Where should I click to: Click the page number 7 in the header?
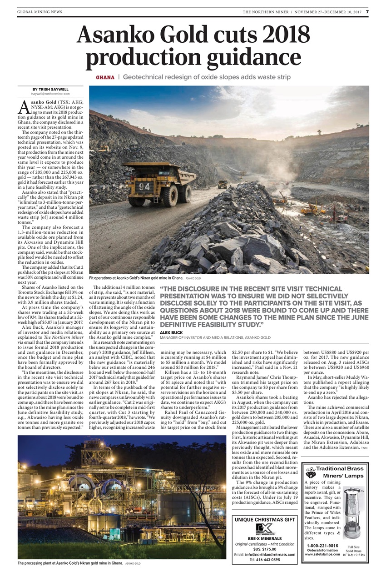(x=367, y=11)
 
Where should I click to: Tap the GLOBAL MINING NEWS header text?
(x=40, y=12)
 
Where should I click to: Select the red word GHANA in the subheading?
(x=105, y=77)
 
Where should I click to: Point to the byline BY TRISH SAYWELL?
(x=50, y=89)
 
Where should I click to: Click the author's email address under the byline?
(x=50, y=94)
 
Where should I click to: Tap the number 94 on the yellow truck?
(x=144, y=186)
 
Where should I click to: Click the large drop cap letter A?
(x=24, y=107)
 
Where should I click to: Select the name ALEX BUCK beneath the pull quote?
(x=170, y=333)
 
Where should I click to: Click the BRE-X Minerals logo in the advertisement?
(x=265, y=529)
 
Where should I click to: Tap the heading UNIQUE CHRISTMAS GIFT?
(x=265, y=519)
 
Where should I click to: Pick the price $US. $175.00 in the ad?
(x=265, y=549)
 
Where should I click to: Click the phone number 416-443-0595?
(x=265, y=560)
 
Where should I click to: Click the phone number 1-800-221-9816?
(x=322, y=545)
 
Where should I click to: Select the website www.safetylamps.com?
(x=322, y=554)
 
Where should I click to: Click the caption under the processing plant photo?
(x=70, y=563)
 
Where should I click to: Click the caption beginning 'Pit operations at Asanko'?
(x=136, y=277)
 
